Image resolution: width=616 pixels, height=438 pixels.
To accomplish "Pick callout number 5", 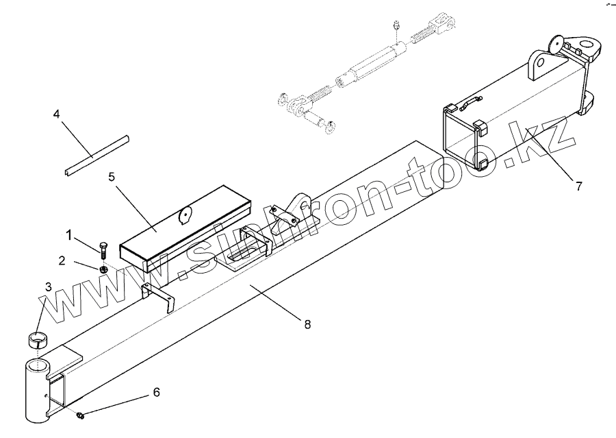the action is click(112, 176).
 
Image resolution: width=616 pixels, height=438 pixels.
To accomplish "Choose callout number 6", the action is click(155, 392).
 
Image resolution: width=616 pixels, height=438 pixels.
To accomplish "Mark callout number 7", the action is click(578, 186).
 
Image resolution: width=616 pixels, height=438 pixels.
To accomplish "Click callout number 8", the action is click(307, 324).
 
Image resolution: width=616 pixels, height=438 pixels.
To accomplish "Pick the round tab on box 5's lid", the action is click(183, 216).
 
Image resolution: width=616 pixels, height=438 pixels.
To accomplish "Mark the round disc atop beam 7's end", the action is click(557, 43).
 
